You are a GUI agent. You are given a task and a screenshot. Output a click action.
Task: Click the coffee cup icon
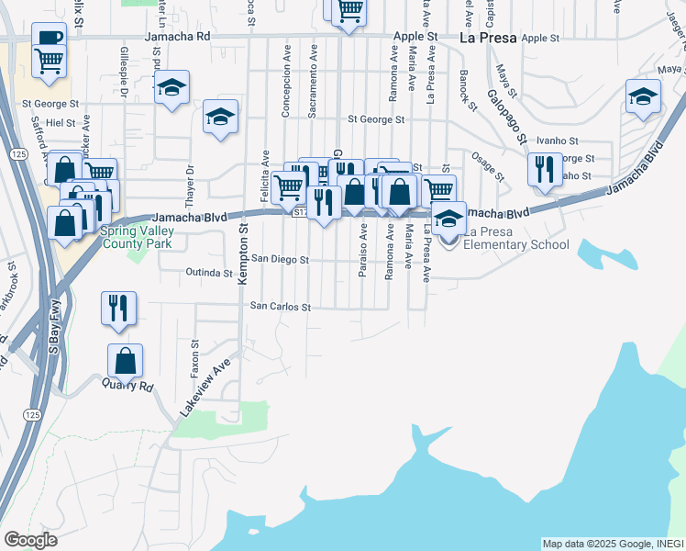pyautogui.click(x=49, y=38)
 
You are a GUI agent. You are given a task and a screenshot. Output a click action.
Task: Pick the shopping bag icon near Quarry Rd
pyautogui.click(x=125, y=360)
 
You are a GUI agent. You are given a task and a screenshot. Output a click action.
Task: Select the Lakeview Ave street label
pyautogui.click(x=203, y=388)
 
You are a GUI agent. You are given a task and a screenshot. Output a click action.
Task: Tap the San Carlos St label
pyautogui.click(x=282, y=307)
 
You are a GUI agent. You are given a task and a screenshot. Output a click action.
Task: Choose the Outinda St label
pyautogui.click(x=208, y=273)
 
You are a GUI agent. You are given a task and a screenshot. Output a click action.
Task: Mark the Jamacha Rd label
pyautogui.click(x=177, y=37)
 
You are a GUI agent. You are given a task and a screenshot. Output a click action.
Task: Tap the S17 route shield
pyautogui.click(x=300, y=213)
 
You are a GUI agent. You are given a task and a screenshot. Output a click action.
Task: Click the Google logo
pyautogui.click(x=30, y=540)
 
